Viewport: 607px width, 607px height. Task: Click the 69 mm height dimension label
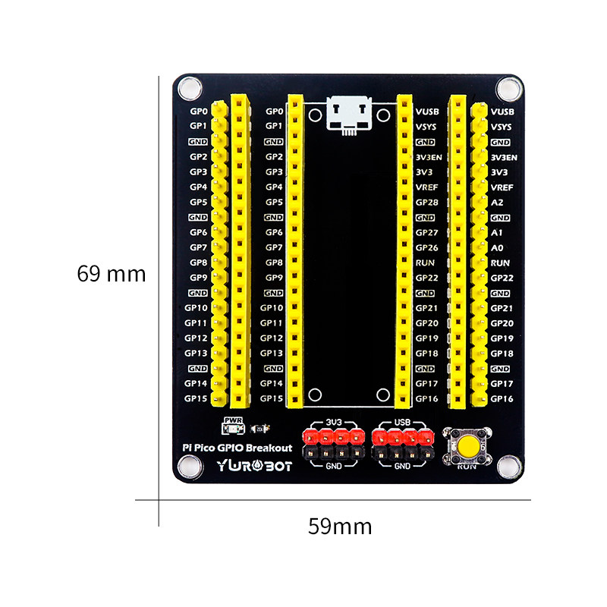[111, 274]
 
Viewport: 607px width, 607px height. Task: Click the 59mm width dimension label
[340, 526]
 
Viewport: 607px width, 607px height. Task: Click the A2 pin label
[497, 203]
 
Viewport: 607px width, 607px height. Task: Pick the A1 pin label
[497, 233]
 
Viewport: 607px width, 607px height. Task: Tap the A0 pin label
[497, 248]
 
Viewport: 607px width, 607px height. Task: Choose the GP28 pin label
[426, 203]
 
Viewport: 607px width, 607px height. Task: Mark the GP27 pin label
[426, 233]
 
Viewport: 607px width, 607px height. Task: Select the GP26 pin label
[426, 248]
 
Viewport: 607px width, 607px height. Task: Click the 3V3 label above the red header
[333, 422]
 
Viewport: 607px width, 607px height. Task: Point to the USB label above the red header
[402, 422]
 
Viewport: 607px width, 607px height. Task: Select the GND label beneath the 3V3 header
[333, 466]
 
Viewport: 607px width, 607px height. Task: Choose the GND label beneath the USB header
[402, 466]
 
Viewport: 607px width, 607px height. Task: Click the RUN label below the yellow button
[470, 467]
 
